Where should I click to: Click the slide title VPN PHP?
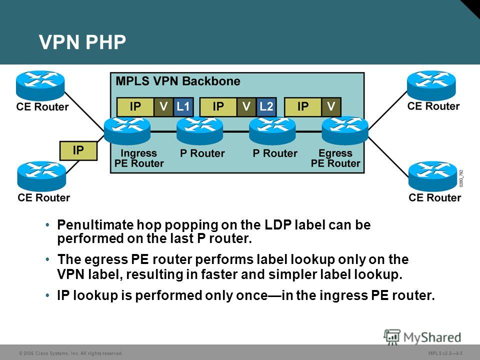click(82, 42)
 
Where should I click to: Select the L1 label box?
click(183, 106)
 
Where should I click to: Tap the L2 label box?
click(266, 106)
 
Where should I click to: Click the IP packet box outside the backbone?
click(78, 150)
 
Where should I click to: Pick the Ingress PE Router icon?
click(127, 130)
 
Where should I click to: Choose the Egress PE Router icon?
click(345, 130)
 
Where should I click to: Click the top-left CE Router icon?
click(40, 85)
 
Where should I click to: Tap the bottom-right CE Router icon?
click(432, 176)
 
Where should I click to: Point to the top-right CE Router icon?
click(431, 85)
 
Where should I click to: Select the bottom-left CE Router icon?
click(41, 176)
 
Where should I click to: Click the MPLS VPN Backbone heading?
click(178, 81)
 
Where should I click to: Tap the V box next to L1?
click(163, 106)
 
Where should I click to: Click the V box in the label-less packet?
click(331, 106)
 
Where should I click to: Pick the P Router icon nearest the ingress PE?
click(200, 130)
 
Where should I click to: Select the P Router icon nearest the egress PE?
click(272, 130)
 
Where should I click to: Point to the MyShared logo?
click(422, 337)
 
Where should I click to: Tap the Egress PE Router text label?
click(335, 158)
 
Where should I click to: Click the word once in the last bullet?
click(252, 295)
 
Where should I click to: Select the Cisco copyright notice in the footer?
click(71, 353)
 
